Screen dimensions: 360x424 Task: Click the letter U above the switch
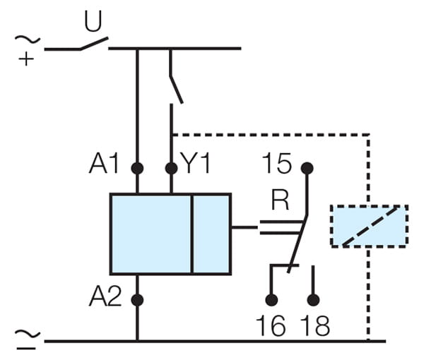93,22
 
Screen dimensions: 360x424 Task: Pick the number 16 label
270,328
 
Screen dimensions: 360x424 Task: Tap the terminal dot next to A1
137,168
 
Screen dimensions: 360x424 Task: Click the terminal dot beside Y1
171,168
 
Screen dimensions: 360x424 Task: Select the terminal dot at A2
137,299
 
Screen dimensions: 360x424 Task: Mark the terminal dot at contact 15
307,168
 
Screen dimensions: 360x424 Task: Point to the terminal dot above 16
270,299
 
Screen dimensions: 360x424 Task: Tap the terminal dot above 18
314,299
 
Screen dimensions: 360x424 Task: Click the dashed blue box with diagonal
369,226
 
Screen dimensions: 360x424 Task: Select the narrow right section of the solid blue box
211,233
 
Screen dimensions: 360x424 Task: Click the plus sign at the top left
26,59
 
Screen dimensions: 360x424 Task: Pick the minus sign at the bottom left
26,348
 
